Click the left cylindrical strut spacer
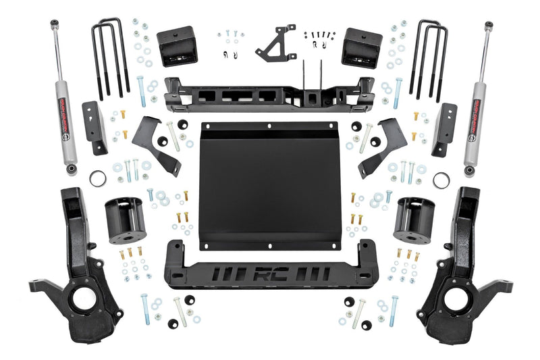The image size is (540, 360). (x=125, y=220)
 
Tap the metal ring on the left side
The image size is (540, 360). (x=98, y=179)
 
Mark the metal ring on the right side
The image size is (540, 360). (x=441, y=180)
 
